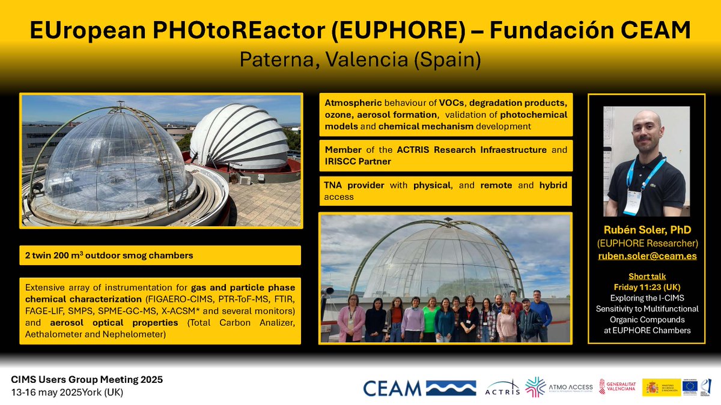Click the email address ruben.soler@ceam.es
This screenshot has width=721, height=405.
[x=646, y=256]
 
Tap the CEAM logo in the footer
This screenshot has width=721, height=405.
[x=419, y=388]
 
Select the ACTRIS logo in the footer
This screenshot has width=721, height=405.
[x=500, y=388]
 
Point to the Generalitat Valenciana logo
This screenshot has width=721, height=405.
[x=615, y=388]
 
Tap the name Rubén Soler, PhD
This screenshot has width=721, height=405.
[x=646, y=230]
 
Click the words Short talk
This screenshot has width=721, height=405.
[x=646, y=276]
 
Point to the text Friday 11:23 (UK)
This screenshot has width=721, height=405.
[x=646, y=286]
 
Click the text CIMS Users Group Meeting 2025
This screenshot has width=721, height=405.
[x=87, y=380]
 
